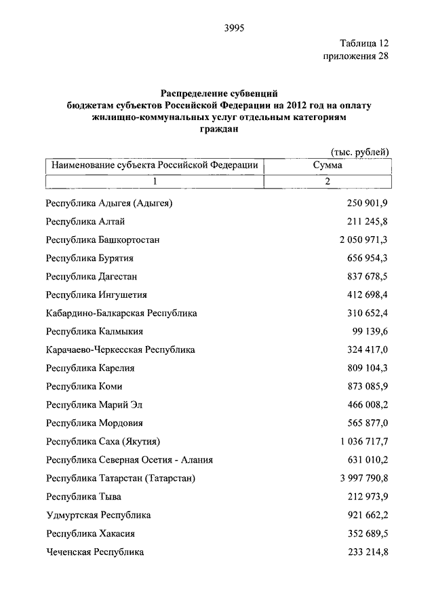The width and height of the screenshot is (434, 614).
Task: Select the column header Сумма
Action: point(328,165)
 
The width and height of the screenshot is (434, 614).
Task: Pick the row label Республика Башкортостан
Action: point(102,239)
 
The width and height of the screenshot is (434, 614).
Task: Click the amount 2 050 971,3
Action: point(363,239)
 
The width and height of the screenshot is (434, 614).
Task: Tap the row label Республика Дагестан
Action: point(92,277)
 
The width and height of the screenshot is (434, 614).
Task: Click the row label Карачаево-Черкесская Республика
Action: point(120,350)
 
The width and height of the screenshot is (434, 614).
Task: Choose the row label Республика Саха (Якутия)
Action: point(102,442)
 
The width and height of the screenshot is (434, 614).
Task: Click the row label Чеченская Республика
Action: point(95,552)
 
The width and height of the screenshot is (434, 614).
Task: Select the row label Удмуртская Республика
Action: point(98,516)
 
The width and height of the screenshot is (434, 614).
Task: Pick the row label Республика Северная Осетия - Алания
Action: point(130,460)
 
